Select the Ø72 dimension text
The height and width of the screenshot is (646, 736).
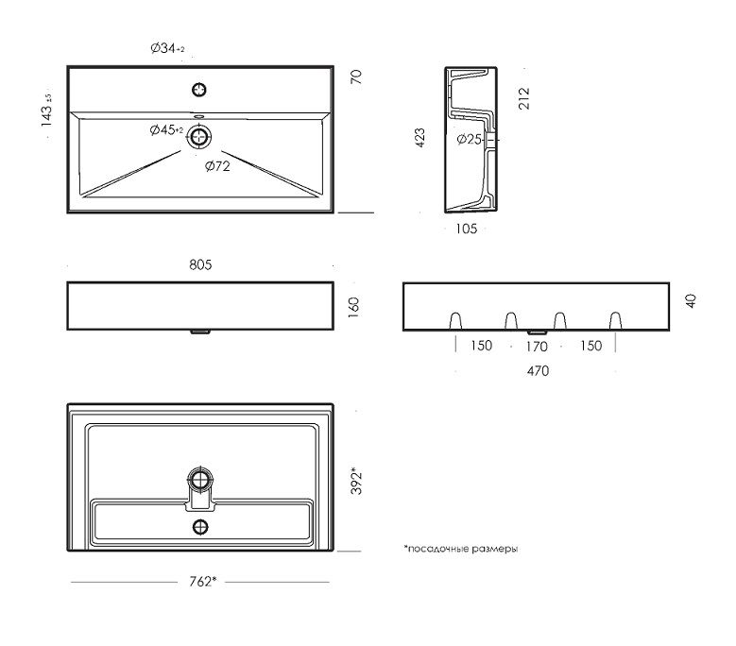click(217, 166)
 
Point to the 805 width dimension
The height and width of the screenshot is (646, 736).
click(200, 265)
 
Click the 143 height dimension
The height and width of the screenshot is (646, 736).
click(46, 110)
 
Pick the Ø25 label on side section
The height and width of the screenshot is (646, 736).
click(469, 140)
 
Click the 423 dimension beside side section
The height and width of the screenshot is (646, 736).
click(419, 138)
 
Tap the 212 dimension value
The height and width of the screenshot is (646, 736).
click(523, 98)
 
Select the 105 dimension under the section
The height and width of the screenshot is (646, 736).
click(466, 229)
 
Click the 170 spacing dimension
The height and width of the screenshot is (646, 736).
click(537, 347)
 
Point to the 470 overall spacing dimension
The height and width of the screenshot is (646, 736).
click(538, 371)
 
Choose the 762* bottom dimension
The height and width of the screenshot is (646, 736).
click(203, 582)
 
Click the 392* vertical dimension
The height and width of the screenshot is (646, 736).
click(357, 481)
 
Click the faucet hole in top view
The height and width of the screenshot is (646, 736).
click(199, 90)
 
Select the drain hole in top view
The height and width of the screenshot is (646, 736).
click(200, 137)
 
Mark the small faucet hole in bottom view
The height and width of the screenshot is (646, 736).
click(200, 527)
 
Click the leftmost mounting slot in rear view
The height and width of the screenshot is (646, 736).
click(455, 321)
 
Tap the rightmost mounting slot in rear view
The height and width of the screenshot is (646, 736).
click(615, 321)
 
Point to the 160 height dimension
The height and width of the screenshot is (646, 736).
click(353, 307)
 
